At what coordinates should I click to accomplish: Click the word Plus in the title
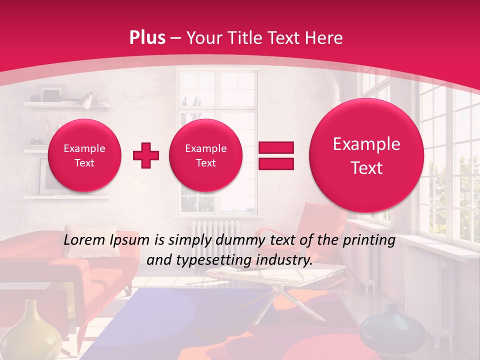pos(147,38)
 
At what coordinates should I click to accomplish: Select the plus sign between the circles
pos(146,155)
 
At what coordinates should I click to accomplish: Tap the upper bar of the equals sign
pos(275,147)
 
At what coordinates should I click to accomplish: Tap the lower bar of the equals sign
pos(275,163)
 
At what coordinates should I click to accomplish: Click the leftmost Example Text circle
pos(84,155)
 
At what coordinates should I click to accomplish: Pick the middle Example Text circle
pos(205,155)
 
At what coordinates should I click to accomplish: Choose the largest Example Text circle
pos(366,155)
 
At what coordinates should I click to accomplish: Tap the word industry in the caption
pos(285,260)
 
